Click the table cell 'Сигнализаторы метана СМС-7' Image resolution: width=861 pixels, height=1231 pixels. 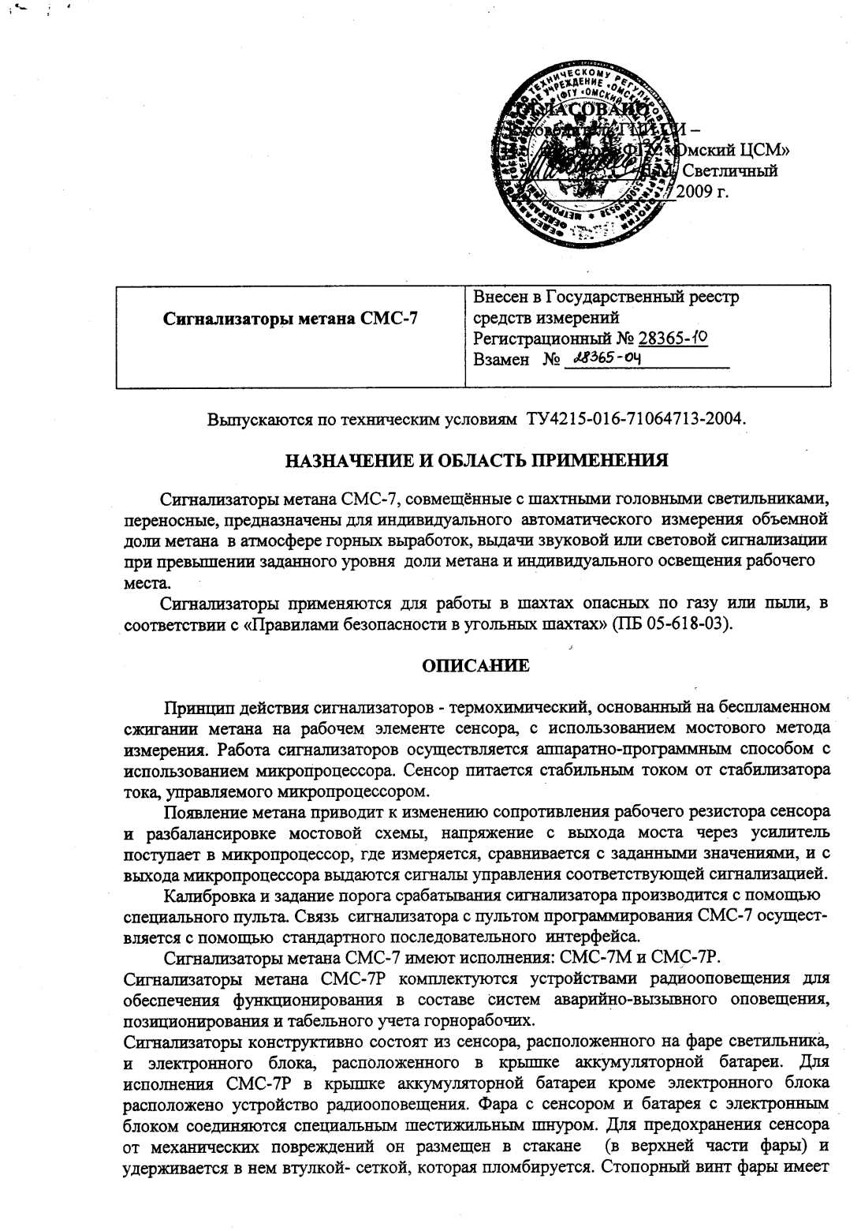pyautogui.click(x=289, y=319)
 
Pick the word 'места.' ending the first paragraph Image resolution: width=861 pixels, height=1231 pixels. pyautogui.click(x=147, y=583)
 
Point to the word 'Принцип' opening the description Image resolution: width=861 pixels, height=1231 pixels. pyautogui.click(x=194, y=705)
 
